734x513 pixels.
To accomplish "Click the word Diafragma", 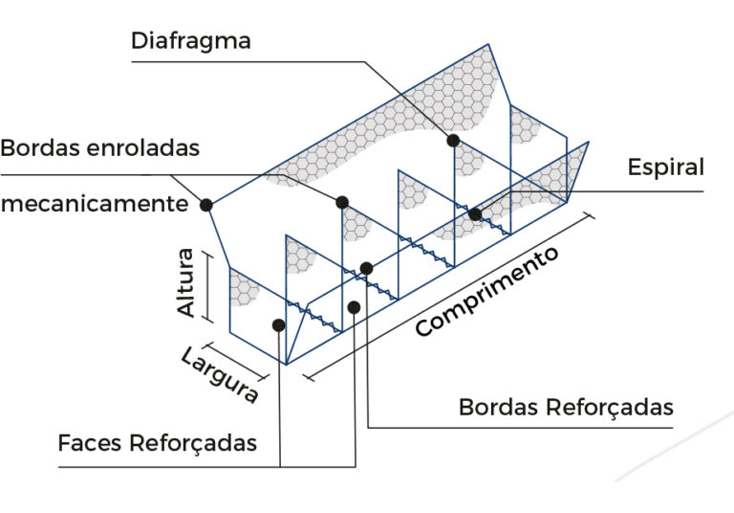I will pos(191,41).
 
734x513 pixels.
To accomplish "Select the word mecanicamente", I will pos(94,204).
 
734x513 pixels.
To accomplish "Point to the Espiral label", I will pos(665,167).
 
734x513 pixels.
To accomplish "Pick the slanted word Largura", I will pos(219,374).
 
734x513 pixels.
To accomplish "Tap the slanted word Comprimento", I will pos(487,293).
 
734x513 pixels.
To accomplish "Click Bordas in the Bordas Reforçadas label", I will pos(498,407).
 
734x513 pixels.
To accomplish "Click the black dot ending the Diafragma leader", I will pos(453,140).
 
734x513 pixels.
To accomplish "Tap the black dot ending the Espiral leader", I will pos(475,213).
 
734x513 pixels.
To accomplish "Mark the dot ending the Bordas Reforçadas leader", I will pos(366,268).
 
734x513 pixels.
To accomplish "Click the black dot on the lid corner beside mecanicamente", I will pos(205,204).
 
